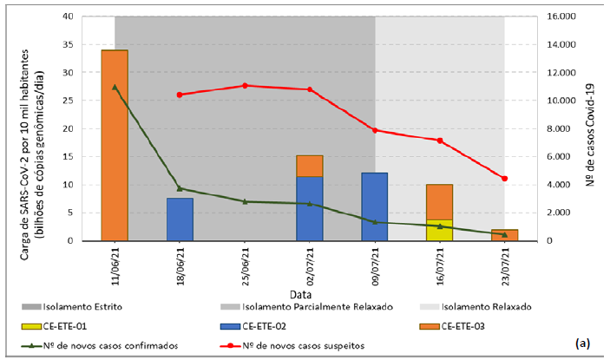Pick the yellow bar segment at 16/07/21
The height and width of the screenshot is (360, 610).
[x=439, y=230]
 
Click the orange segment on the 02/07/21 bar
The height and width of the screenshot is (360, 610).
[x=310, y=166]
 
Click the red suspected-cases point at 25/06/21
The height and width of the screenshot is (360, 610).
[x=245, y=86]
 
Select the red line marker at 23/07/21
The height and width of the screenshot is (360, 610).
[x=504, y=179]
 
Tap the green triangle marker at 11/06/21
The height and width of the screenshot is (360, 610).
[x=115, y=87]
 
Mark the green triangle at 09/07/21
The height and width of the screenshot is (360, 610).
[x=375, y=222]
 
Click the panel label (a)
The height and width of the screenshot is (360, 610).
[x=584, y=344]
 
